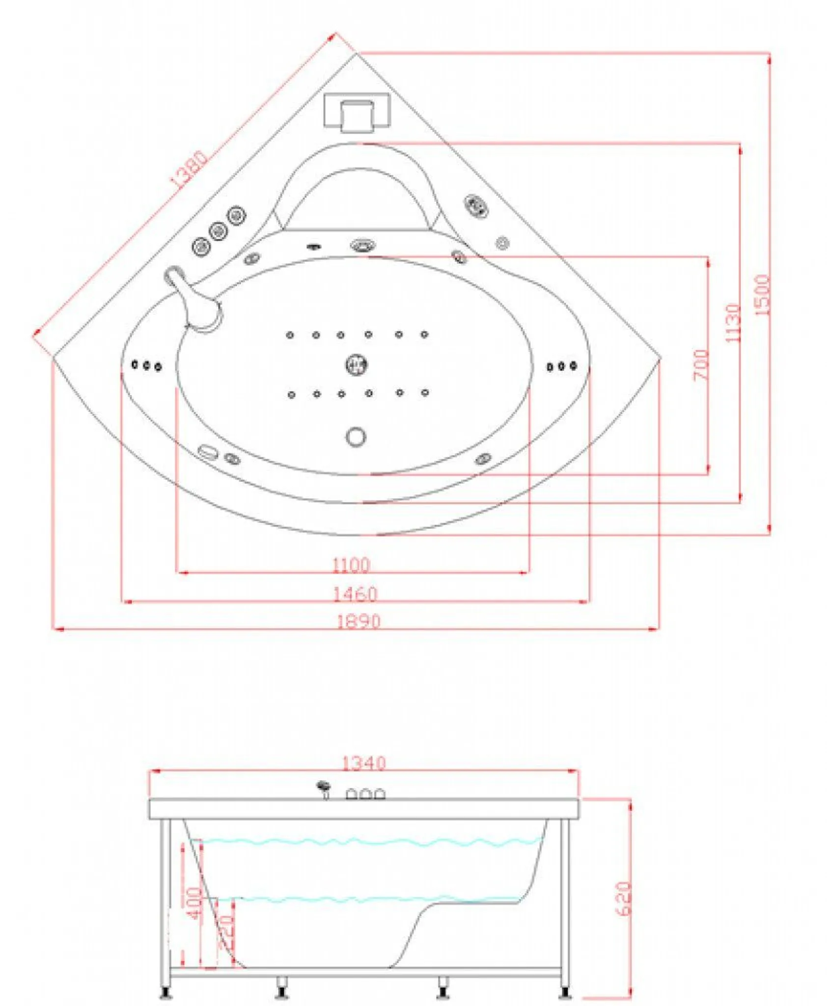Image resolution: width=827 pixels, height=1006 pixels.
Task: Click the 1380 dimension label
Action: click(189, 169)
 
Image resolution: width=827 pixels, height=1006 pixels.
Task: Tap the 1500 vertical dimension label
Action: click(761, 295)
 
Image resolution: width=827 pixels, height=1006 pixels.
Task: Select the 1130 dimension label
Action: click(732, 323)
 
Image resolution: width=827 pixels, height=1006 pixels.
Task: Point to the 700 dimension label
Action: click(701, 364)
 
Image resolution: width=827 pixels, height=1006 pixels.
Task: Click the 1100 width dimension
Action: click(351, 564)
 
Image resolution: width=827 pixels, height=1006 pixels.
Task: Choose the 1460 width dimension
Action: click(355, 594)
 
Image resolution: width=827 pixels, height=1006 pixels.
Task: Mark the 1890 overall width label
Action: click(358, 621)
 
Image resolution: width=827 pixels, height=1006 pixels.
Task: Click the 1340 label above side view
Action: click(363, 763)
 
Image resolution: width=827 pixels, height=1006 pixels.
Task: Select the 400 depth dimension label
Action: click(194, 903)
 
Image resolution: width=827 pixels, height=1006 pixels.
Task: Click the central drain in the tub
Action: click(356, 364)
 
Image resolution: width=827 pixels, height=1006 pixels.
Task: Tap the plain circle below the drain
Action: click(356, 436)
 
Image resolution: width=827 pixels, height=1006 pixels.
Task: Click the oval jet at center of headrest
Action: click(363, 245)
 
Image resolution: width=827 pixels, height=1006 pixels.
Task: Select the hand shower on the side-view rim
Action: click(324, 787)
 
